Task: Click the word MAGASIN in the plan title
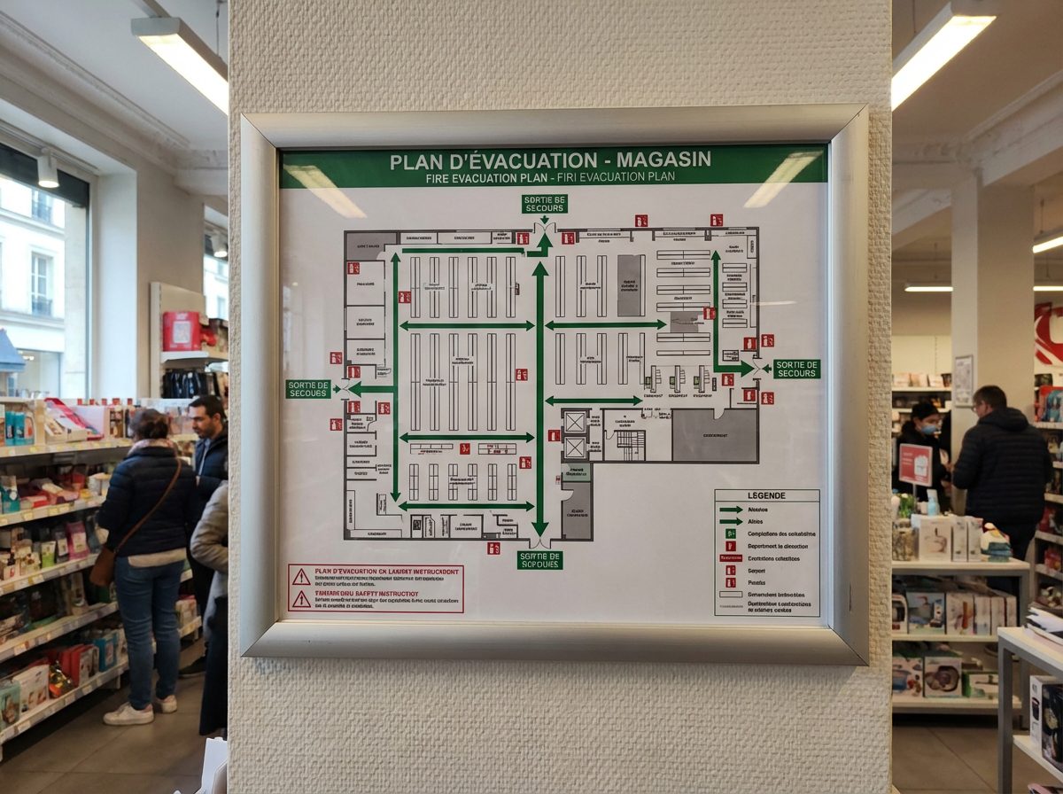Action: pos(663,160)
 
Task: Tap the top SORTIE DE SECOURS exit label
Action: pos(544,204)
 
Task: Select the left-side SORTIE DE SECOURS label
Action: pos(307,389)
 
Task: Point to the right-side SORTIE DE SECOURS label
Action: pos(796,369)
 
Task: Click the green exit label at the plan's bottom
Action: pos(539,560)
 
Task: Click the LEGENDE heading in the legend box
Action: pos(766,496)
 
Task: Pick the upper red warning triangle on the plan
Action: pos(301,577)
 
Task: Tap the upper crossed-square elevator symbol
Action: pos(576,421)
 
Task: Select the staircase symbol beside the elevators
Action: pos(631,445)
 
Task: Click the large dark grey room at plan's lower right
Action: pos(715,435)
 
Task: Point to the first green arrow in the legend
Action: pos(731,510)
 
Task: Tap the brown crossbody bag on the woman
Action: pos(103,567)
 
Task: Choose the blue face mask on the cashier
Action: pos(928,428)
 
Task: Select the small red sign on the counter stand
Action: pos(915,464)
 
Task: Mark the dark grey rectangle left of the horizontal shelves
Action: pos(631,285)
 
